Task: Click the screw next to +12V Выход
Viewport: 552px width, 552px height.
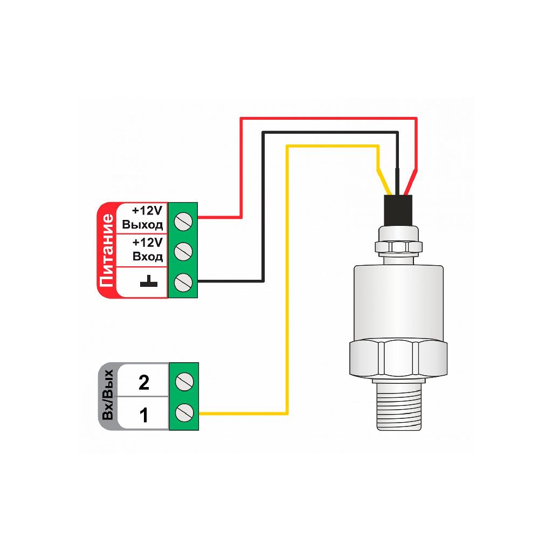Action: [x=183, y=222]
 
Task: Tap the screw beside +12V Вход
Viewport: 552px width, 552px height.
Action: [x=183, y=251]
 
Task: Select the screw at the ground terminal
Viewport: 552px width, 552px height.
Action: [x=183, y=282]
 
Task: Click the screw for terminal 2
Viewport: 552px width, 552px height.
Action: [x=184, y=382]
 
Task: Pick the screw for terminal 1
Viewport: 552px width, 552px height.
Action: [x=184, y=411]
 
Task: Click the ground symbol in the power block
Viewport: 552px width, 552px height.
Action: [x=149, y=281]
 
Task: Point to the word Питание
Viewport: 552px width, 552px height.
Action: [x=107, y=250]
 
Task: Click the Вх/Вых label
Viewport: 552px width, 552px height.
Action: [x=107, y=395]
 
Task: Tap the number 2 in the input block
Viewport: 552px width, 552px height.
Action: [x=143, y=382]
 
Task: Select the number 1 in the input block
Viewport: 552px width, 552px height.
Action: [x=143, y=416]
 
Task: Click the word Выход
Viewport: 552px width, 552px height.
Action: [x=142, y=225]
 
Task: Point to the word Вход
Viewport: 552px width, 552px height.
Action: [x=148, y=256]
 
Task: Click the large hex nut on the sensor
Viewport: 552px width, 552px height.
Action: [x=398, y=358]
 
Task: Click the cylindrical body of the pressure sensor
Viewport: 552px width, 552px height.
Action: [x=398, y=303]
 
